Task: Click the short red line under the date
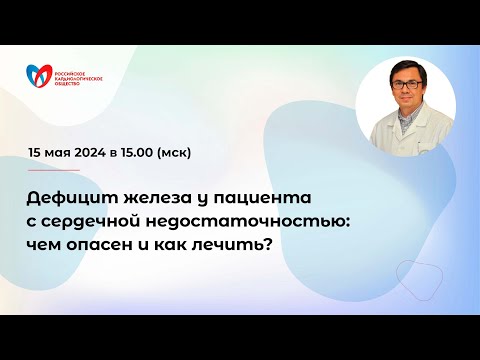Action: coord(54,169)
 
